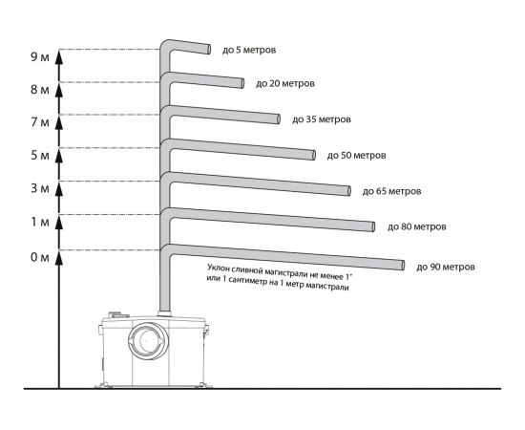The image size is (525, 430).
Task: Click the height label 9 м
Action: [x=40, y=57]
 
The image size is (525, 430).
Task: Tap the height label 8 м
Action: [x=40, y=90]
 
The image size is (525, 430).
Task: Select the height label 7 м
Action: [x=40, y=122]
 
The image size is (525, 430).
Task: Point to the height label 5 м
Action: [x=40, y=156]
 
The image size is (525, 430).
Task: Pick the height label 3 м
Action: [x=40, y=188]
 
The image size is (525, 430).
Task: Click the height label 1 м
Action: [x=40, y=222]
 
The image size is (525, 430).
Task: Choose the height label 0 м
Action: [x=40, y=257]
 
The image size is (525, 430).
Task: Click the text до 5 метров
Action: [x=249, y=51]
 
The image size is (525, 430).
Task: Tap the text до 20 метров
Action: [x=285, y=83]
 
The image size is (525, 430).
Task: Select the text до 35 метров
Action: [x=322, y=119]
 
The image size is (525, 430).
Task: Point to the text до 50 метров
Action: [x=357, y=156]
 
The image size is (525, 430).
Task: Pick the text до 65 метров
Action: [x=391, y=191]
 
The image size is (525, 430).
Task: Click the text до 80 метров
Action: [x=417, y=226]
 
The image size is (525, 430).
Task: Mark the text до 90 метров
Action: [x=446, y=268]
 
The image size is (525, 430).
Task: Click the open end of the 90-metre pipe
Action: [x=403, y=265]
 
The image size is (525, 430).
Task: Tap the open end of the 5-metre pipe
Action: [x=209, y=49]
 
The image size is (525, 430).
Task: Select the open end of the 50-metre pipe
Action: [x=314, y=155]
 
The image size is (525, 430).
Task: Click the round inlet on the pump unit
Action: [x=148, y=340]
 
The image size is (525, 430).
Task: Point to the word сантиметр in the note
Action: [x=243, y=283]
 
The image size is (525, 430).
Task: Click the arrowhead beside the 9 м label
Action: [x=59, y=57]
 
